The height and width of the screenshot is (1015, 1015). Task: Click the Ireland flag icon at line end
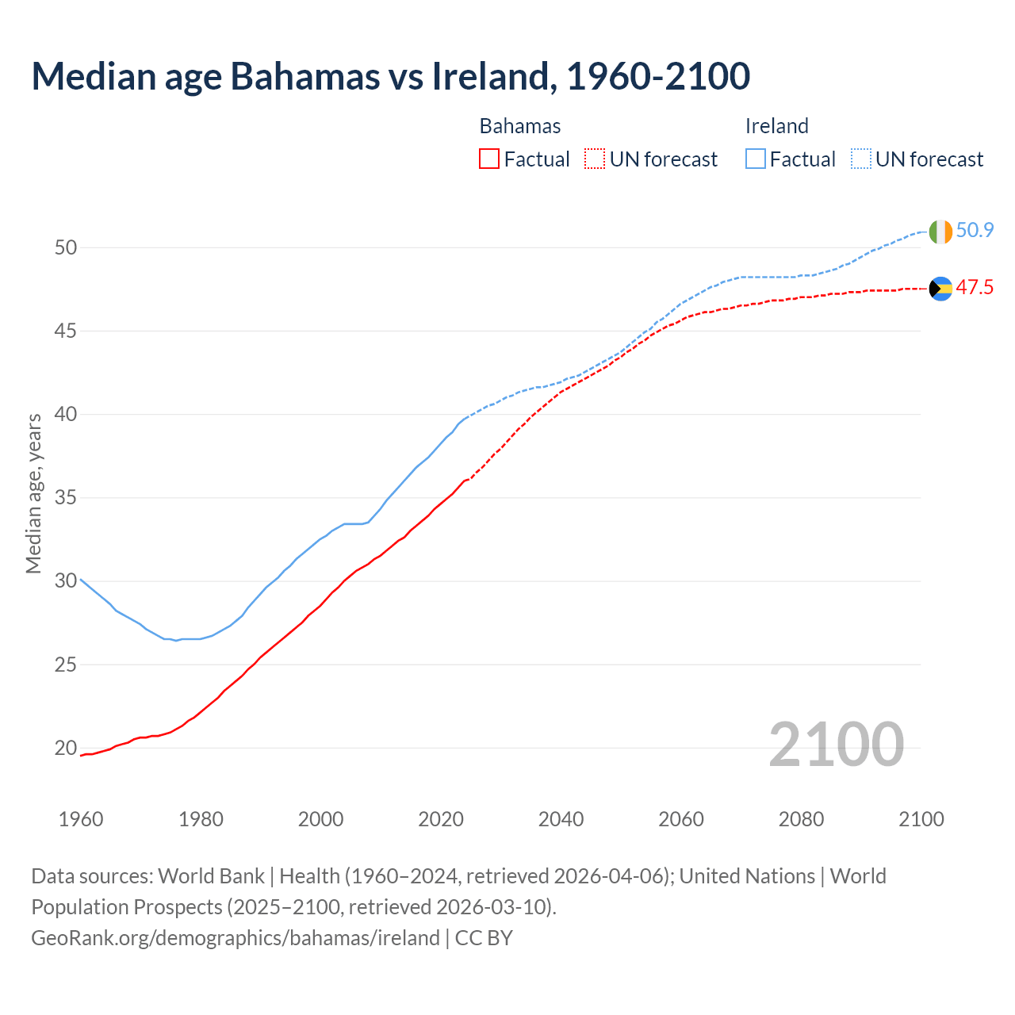coord(940,232)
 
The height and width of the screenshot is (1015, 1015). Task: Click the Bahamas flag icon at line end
coord(940,289)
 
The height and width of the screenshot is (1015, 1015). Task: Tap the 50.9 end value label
coord(975,231)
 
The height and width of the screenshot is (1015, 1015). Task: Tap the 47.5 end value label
coord(975,288)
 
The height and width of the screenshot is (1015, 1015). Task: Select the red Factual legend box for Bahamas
coord(489,159)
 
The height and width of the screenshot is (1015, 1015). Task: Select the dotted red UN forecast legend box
coord(595,159)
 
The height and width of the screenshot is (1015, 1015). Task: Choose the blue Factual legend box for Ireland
coord(756,159)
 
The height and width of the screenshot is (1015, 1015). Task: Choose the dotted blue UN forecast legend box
coord(861,159)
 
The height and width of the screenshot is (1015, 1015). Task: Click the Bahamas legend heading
coord(520,126)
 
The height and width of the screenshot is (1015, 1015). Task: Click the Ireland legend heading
coord(776,126)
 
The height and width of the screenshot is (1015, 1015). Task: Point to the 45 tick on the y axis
coord(66,331)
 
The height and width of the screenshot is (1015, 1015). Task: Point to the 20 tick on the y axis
coord(66,748)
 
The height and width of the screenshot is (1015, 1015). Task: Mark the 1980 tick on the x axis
coord(201,819)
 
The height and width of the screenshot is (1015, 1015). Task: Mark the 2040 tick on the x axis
coord(561,819)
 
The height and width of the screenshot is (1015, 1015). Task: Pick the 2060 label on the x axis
coord(681,819)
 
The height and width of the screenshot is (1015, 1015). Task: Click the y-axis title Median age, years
coord(33,493)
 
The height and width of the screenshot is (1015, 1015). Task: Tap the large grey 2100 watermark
coord(836,744)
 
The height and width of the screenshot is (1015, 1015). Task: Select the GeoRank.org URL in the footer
coord(235,938)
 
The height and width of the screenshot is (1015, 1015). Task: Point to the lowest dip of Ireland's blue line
coord(176,640)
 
